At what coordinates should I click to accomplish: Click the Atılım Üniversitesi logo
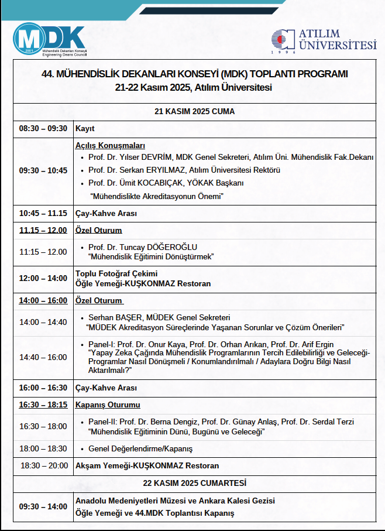click(x=323, y=42)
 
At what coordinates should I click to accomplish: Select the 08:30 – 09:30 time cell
click(x=43, y=129)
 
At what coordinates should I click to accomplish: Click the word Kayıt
click(x=85, y=129)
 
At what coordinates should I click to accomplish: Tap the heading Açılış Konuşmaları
click(x=110, y=146)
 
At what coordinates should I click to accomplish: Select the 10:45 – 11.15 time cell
click(x=43, y=214)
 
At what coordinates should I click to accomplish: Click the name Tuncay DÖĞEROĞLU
click(x=154, y=247)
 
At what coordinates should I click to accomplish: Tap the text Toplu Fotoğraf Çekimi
click(x=116, y=273)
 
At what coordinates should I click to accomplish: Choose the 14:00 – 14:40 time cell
click(x=43, y=322)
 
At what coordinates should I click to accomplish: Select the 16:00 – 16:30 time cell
click(x=43, y=388)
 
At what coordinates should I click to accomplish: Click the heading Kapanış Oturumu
click(x=108, y=405)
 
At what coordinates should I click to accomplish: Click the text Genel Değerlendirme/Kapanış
click(x=140, y=449)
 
